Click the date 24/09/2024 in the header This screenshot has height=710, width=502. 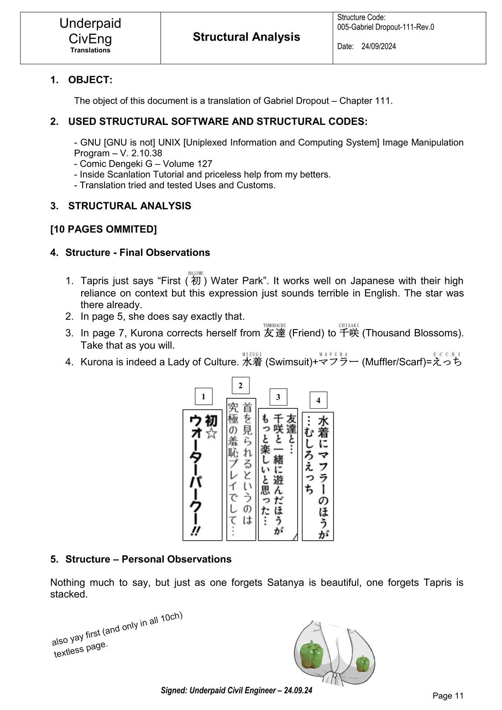point(378,47)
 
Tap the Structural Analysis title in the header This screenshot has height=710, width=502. point(246,37)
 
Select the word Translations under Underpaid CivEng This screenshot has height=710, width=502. point(90,50)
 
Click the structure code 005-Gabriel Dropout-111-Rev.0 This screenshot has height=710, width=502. point(386,27)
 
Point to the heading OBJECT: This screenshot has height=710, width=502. point(90,80)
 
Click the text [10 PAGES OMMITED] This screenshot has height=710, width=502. point(104,229)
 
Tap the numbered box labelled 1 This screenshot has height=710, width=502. point(203,397)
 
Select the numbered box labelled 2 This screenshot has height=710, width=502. point(241,386)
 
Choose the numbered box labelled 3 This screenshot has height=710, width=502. point(278,397)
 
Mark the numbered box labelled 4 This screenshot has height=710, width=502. point(318,400)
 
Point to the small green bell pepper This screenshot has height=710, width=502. point(363,663)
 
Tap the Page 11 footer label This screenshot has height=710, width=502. point(448,695)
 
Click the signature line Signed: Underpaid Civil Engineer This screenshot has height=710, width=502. point(236,690)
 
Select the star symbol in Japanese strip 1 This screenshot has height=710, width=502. point(210,433)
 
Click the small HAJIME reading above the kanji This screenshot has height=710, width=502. point(196,273)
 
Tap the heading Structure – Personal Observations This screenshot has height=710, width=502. point(148,559)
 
